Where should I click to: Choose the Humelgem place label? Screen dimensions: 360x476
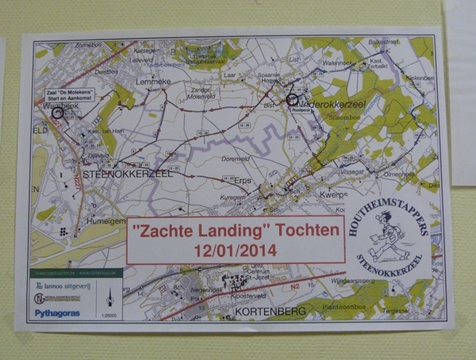(x=62, y=222)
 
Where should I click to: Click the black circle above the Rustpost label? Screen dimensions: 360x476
(x=294, y=99)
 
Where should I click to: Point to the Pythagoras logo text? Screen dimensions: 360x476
(x=57, y=312)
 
